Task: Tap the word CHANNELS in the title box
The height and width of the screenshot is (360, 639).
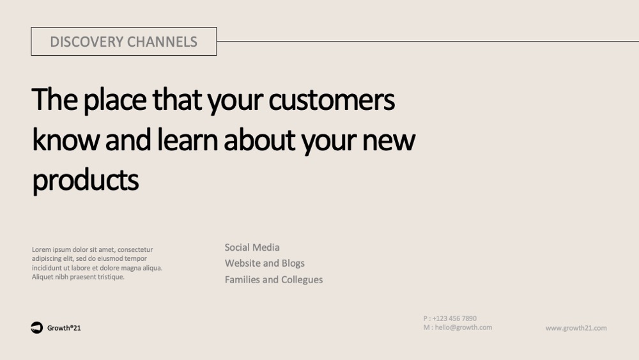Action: point(162,42)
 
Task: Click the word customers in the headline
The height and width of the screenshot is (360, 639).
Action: point(331,100)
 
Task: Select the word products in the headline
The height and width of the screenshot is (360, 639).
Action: point(85,180)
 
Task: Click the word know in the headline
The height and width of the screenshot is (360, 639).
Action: point(66,139)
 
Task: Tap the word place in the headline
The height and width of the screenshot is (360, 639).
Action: point(115,100)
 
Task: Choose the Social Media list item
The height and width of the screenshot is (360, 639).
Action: point(252,247)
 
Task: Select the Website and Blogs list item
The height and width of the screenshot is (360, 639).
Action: point(265,263)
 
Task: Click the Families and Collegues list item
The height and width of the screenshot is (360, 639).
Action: point(273,279)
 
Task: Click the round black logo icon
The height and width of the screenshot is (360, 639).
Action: point(36,327)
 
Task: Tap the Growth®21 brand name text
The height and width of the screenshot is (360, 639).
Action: point(64,328)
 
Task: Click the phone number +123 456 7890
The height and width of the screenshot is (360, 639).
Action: point(454,318)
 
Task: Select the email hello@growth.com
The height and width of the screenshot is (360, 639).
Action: point(463,327)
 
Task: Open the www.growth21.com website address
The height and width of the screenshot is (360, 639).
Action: point(576,328)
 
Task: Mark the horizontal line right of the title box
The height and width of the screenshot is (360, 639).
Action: point(428,41)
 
